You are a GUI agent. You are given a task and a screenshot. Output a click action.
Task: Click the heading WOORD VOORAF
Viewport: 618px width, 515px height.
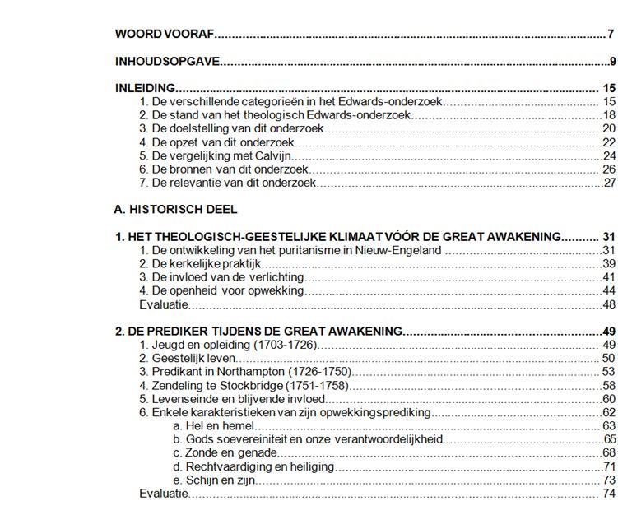[x=165, y=34]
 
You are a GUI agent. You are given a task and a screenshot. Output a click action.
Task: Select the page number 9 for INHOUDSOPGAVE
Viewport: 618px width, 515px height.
[x=612, y=61]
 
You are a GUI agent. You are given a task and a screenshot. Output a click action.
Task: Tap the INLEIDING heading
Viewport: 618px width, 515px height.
[x=145, y=88]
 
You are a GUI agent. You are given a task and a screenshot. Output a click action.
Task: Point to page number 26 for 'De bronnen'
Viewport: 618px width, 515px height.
[x=609, y=169]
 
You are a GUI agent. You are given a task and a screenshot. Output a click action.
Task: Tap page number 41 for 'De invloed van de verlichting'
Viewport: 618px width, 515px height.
[x=609, y=277]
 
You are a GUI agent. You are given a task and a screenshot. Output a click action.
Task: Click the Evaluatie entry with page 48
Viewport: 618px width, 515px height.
[x=164, y=304]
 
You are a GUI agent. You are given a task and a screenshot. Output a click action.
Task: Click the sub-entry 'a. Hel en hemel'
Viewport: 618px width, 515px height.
[x=213, y=425]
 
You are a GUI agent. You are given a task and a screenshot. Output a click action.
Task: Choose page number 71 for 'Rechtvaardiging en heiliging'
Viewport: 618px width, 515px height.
[x=609, y=466]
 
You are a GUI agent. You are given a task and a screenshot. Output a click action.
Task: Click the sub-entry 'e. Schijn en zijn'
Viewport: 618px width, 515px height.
[x=214, y=480]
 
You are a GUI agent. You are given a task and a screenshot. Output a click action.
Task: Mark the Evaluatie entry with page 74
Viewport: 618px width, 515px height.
[x=164, y=494]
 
